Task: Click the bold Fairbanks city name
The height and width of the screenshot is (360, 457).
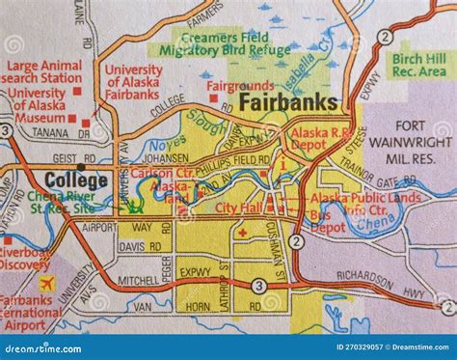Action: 287,101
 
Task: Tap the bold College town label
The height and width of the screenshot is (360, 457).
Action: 75,180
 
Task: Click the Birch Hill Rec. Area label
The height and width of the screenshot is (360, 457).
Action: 419,65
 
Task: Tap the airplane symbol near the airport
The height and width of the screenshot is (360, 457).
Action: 46,283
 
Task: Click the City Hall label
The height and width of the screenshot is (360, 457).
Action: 238,208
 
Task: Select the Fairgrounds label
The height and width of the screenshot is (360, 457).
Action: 240,85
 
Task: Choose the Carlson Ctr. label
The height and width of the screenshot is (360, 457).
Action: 160,173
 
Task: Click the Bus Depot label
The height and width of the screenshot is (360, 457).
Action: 327,228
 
